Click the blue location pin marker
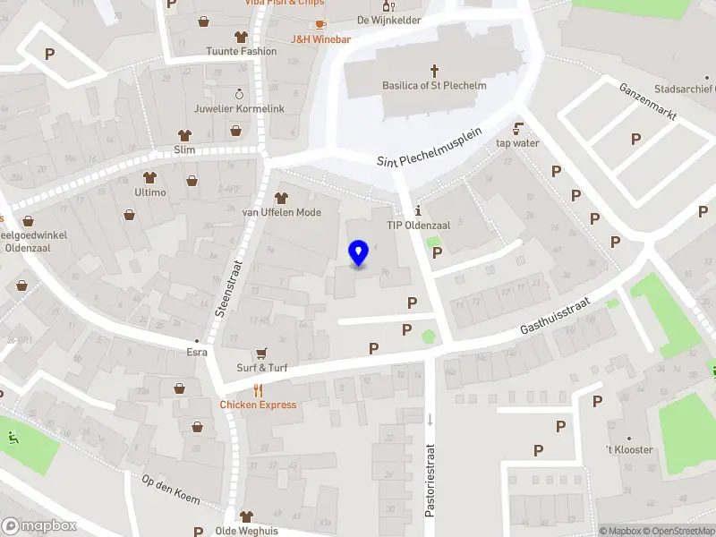click(358, 253)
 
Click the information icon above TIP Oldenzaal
click(418, 210)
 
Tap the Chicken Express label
click(258, 405)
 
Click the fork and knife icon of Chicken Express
click(258, 389)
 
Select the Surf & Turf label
click(261, 368)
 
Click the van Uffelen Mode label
click(281, 212)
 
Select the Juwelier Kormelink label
click(239, 109)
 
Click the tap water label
click(517, 142)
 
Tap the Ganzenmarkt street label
click(649, 104)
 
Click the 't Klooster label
click(629, 449)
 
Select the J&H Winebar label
click(320, 39)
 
